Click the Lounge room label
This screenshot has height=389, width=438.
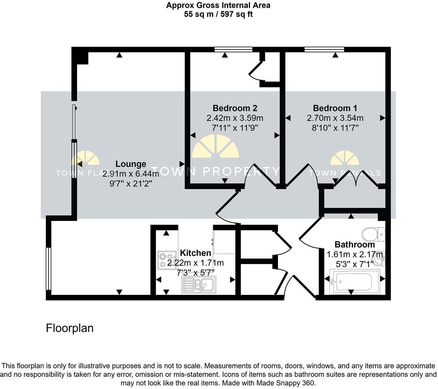coord(130,164)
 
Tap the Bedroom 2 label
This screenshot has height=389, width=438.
coord(235,108)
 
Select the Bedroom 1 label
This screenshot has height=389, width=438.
coord(335,108)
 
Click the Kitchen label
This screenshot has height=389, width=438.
coord(195,253)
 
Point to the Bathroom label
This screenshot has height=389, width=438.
coord(355,245)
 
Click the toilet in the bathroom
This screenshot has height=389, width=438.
coord(373,234)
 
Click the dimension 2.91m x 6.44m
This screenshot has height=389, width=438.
coord(130,174)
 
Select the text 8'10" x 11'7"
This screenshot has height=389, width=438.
coord(335,128)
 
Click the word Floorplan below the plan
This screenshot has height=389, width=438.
coord(70,328)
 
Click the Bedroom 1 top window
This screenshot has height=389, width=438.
coord(324,49)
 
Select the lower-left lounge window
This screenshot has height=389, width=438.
coord(48,268)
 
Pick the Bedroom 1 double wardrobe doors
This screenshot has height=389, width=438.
coord(356,178)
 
